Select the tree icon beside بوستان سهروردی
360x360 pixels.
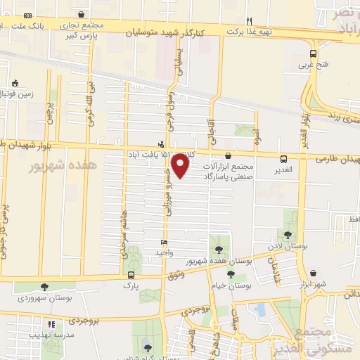click(44, 287)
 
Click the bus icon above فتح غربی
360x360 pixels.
click(313, 53)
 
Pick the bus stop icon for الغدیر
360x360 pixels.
click(283, 159)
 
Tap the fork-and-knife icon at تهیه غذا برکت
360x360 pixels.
click(247, 20)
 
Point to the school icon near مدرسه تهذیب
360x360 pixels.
click(51, 325)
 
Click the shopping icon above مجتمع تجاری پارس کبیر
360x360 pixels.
click(82, 14)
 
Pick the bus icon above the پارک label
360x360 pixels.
click(131, 274)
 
